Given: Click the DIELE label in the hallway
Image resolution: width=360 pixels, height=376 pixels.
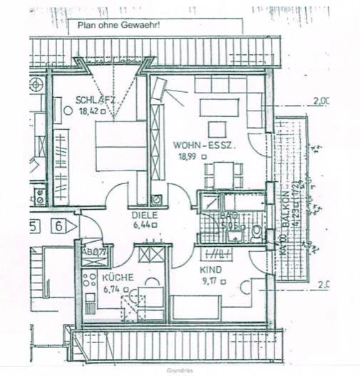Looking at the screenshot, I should pos(143,213).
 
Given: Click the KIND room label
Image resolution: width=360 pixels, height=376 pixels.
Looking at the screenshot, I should pos(210,270).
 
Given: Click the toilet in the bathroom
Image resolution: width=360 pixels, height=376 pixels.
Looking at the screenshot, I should pos(256,232).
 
